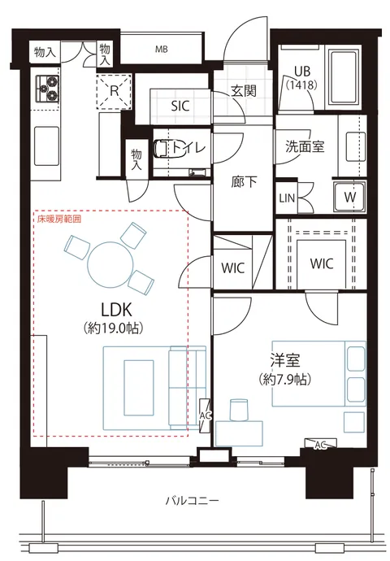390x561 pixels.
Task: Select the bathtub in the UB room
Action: pos(343,77)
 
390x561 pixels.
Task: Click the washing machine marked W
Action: pos(349,197)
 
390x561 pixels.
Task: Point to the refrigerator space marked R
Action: pos(115,91)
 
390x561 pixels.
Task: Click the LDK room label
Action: pos(117,310)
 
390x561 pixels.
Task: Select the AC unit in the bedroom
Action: pos(321,444)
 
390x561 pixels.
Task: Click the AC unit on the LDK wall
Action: pos(206,415)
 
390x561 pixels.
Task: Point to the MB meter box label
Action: pos(161,50)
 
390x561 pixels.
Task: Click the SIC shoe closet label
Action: pos(180,106)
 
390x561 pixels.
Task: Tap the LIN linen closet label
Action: pos(287,198)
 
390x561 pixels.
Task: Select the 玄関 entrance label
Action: pos(244,91)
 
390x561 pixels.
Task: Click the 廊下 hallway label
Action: pos(244,182)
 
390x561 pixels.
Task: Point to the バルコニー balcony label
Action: pos(192,500)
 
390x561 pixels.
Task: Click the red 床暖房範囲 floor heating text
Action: pos(59,219)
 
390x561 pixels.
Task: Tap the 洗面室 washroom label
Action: pos(305,146)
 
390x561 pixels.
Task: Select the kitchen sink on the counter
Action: pos(46,146)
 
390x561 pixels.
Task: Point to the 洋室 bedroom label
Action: pos(285,360)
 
